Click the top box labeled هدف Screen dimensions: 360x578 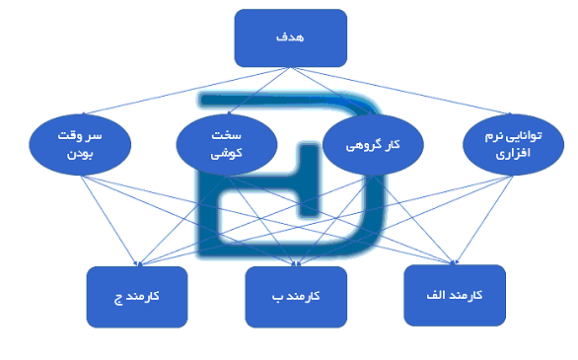click(290, 36)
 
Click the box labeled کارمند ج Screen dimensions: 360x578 click(137, 296)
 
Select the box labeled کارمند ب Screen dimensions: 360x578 click(296, 296)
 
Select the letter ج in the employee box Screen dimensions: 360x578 click(117, 296)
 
